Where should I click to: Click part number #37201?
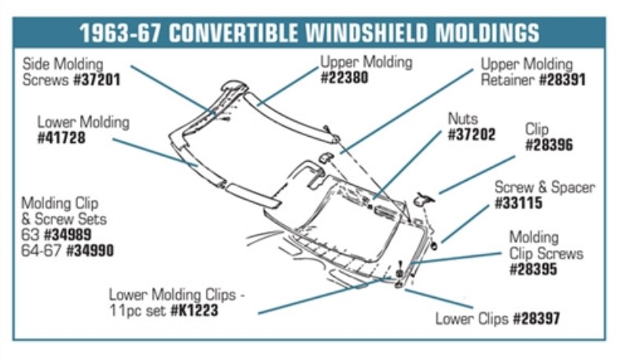(x=97, y=79)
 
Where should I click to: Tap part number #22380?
(x=344, y=77)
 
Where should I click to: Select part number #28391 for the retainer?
(x=562, y=79)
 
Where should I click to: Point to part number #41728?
(x=61, y=138)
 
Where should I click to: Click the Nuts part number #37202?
(x=471, y=134)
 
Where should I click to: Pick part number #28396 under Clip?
(x=549, y=145)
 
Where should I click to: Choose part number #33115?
(x=518, y=203)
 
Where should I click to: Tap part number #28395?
(x=533, y=269)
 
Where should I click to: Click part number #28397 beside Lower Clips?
(x=537, y=318)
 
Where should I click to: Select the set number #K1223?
(x=194, y=310)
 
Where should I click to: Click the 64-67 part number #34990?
(x=90, y=251)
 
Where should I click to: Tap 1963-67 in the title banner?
(x=120, y=32)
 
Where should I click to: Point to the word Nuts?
(x=463, y=119)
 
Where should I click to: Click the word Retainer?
(x=507, y=79)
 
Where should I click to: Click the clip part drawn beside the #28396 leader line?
(x=425, y=199)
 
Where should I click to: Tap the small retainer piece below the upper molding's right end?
(x=326, y=157)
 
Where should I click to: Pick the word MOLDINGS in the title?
(x=487, y=32)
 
